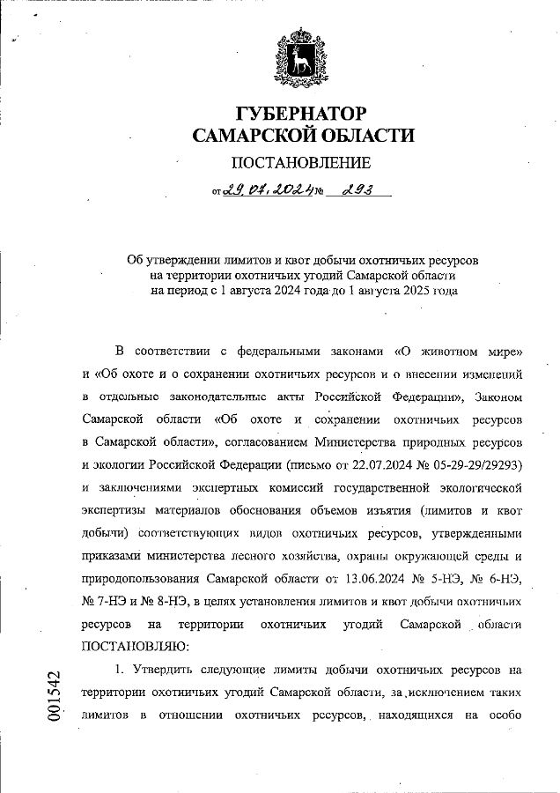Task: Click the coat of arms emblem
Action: click(302, 59)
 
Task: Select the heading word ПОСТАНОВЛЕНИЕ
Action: click(301, 163)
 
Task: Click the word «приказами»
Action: click(111, 555)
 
